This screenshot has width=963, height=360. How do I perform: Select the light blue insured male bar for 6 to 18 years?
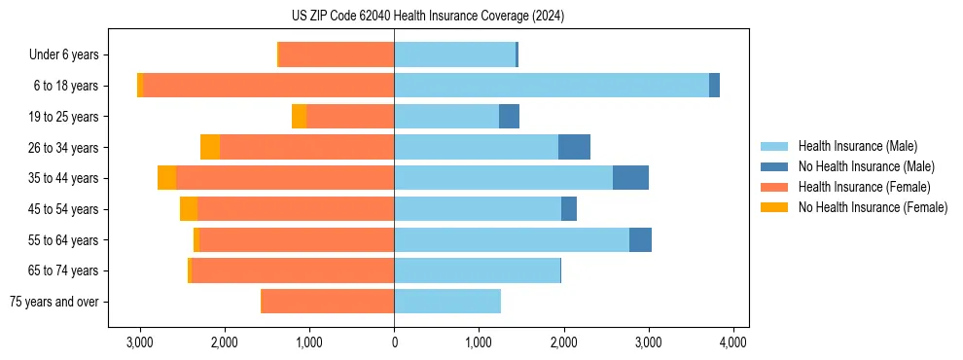pos(552,86)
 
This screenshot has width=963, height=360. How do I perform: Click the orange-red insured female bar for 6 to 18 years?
pos(268,86)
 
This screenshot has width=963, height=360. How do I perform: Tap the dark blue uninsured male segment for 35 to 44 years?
pos(630,178)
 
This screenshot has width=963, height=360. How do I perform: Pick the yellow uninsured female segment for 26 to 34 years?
pos(210,147)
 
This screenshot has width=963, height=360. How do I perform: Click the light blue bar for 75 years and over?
pos(447,302)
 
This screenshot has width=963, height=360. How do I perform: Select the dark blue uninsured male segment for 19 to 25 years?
pos(509,117)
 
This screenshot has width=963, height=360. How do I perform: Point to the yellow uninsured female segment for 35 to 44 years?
pos(166,178)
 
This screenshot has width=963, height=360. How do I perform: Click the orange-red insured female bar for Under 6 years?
pos(337,54)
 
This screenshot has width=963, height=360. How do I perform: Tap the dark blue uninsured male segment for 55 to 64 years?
pos(640,239)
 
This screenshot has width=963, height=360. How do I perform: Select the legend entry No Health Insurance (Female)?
pos(873,207)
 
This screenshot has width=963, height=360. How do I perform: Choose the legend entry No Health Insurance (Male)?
pos(866,166)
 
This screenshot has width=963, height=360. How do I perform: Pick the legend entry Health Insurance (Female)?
pos(864,187)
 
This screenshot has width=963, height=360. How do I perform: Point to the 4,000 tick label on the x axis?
pos(732,342)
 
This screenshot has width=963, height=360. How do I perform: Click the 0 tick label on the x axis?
pos(394,342)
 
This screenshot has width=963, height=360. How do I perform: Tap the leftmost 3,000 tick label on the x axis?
pos(140,342)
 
